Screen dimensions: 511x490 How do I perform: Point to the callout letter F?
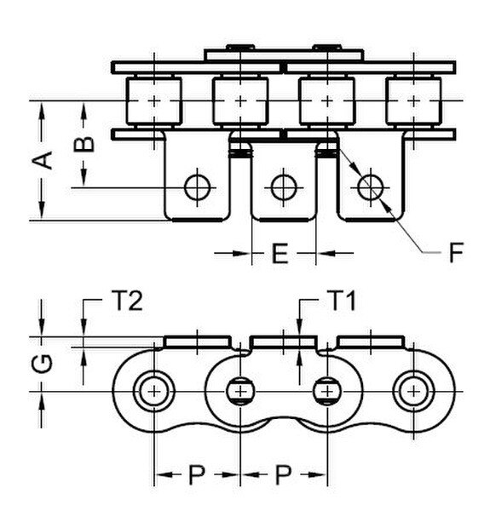coord(457,252)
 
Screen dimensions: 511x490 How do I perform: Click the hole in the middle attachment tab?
coord(283,186)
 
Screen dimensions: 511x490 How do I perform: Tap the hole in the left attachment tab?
coord(198,186)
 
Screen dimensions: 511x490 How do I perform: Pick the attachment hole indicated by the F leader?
coord(369,186)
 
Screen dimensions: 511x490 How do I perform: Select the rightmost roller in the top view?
coord(413,100)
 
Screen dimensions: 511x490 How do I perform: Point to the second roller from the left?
coord(240,100)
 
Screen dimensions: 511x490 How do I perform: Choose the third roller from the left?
coord(326,100)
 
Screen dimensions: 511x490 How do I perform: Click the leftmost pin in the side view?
coord(153,390)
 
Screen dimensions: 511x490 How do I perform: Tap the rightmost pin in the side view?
coord(413,390)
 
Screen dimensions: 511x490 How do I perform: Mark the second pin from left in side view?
coord(241,390)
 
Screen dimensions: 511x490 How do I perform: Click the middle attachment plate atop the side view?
coord(285,342)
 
